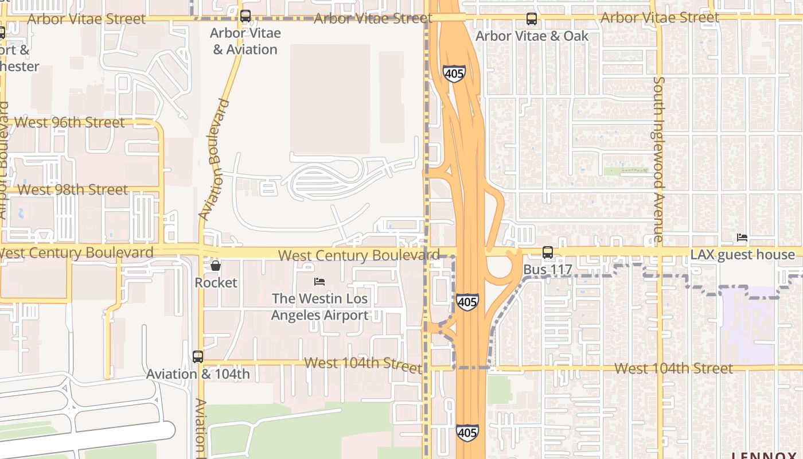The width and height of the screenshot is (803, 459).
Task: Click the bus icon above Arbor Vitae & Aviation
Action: point(245,16)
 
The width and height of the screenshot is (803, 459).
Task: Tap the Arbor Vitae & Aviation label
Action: point(245,41)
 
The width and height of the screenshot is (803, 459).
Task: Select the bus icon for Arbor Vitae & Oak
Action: point(532,19)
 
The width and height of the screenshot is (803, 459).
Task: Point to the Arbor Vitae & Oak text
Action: point(532,36)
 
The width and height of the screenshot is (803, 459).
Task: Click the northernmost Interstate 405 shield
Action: point(454,73)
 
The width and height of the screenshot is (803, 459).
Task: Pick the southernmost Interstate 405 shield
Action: point(467,432)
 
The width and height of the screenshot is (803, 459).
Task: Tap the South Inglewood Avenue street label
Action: point(659,159)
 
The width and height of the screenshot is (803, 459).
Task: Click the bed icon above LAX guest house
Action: point(742,238)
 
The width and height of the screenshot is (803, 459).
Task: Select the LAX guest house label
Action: point(742,255)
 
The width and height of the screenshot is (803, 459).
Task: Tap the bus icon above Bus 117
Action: point(548,252)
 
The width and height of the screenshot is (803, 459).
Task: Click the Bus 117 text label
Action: point(548,269)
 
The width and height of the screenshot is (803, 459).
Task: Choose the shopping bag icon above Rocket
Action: point(216,266)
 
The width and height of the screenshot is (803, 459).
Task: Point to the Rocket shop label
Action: point(216,282)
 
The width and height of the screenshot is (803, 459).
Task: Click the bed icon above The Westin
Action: point(319,282)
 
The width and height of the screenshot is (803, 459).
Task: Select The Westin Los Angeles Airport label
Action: point(319,307)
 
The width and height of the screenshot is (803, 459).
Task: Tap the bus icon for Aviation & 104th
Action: point(198,357)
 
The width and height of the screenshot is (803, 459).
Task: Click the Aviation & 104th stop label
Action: point(198,374)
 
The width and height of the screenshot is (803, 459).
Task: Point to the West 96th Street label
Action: point(69,122)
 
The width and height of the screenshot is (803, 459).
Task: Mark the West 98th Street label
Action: point(73,189)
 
